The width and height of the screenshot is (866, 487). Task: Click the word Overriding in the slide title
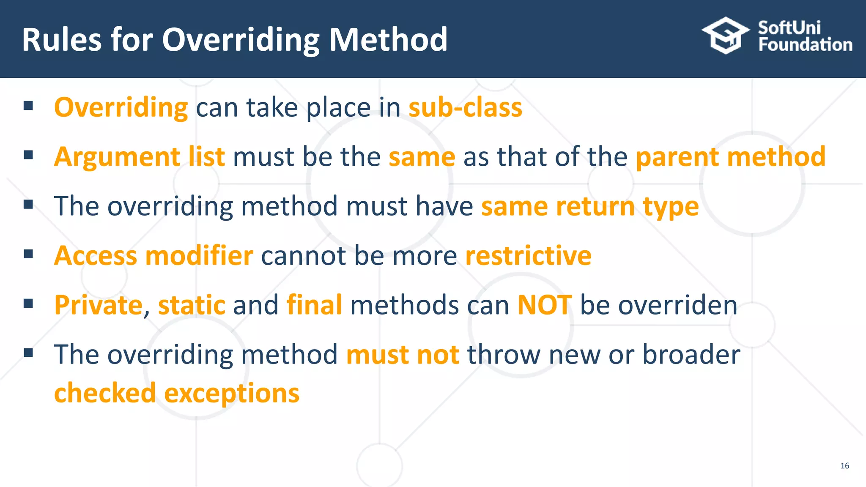click(241, 40)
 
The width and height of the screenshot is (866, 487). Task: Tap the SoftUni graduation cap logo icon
click(725, 36)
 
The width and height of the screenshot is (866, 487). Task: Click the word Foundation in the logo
click(805, 45)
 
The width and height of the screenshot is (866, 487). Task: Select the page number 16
click(844, 465)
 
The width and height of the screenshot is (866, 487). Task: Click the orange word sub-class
click(465, 107)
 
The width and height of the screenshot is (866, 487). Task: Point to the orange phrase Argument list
click(140, 157)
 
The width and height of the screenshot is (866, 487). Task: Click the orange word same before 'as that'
click(422, 157)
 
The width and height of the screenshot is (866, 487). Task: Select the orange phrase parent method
click(730, 157)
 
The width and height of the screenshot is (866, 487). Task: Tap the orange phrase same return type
click(589, 206)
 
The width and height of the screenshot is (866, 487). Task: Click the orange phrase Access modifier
click(153, 256)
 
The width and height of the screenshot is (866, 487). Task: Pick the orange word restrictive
click(528, 256)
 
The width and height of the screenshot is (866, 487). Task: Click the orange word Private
click(99, 305)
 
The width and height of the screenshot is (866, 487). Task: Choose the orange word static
click(192, 305)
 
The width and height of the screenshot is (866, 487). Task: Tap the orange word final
click(314, 305)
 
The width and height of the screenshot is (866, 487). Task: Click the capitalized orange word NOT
click(545, 305)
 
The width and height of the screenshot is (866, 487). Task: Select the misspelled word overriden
click(677, 305)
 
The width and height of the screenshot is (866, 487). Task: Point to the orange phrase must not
click(403, 354)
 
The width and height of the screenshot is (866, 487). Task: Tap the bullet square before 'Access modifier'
click(28, 254)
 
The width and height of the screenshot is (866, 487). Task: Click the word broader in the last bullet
click(691, 354)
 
